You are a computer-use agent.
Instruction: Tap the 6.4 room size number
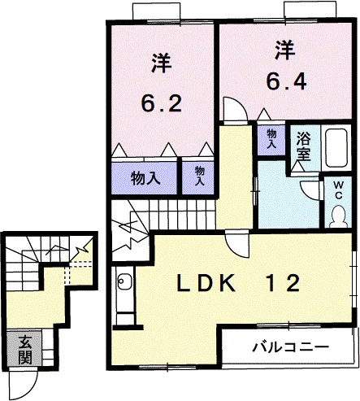click(287, 81)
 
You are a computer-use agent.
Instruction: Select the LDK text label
click(206, 283)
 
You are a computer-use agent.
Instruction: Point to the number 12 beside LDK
click(283, 283)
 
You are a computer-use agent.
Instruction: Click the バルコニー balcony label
click(291, 347)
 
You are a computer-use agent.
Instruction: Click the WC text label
click(339, 191)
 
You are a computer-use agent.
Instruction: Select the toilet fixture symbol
click(338, 216)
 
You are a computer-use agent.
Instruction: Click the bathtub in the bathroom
click(336, 148)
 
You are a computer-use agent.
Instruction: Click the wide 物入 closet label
click(145, 178)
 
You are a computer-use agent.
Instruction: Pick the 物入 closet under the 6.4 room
click(271, 138)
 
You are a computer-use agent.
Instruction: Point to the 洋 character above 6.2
click(162, 63)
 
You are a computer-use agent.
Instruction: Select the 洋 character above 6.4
click(284, 50)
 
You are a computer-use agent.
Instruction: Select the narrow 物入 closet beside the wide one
click(200, 176)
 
